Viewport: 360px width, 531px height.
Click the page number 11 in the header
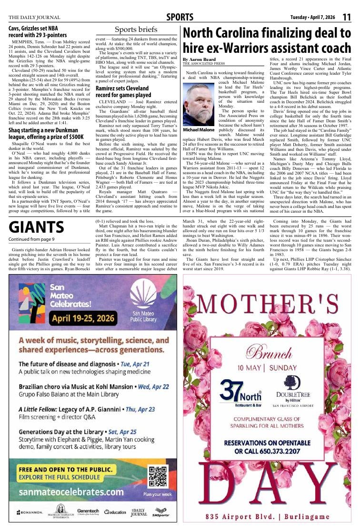tap(346, 17)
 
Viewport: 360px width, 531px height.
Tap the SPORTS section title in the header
tap(180, 18)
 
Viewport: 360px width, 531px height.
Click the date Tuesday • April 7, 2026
tap(312, 18)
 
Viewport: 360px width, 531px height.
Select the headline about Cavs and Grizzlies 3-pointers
tap(38, 31)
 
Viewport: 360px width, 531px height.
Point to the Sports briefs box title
tap(136, 30)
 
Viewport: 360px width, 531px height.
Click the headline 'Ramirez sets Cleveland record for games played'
tap(123, 91)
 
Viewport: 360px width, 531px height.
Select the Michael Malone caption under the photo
tap(199, 130)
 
